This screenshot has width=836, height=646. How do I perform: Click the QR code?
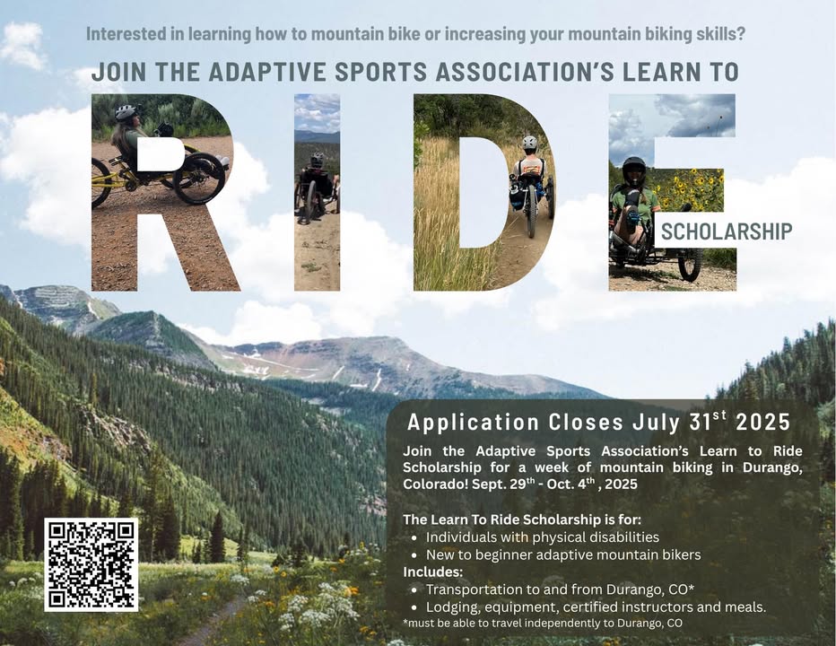(91, 564)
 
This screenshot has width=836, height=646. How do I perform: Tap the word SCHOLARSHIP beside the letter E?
(727, 231)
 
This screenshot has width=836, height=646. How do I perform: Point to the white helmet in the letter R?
(126, 112)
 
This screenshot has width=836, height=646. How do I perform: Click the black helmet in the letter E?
(633, 168)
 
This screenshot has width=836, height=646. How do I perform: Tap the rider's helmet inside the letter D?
(529, 143)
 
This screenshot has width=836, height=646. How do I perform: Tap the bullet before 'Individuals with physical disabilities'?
(414, 537)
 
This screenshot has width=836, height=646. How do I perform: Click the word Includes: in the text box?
(433, 572)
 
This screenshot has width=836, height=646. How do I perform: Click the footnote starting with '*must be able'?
(543, 623)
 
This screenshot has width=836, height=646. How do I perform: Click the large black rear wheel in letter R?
(199, 179)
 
